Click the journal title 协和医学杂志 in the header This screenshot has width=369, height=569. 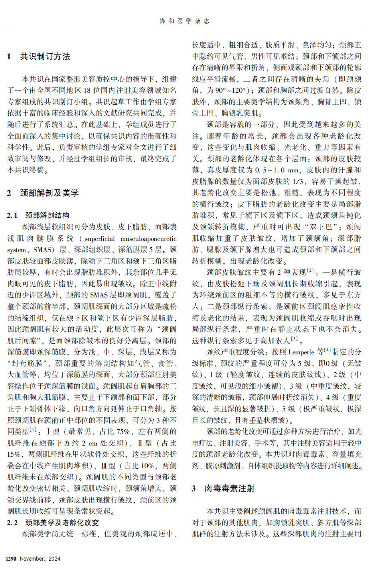pos(184,21)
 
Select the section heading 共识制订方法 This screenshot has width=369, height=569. pos(45,57)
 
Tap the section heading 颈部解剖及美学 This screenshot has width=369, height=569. pos(49,193)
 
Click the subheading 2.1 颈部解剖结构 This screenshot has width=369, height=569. pos(38,215)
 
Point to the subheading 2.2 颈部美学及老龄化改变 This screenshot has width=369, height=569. pos(53,522)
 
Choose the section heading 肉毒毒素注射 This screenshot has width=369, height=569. pos(229,489)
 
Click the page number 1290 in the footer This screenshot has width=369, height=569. pos(11,559)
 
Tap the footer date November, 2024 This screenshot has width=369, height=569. pos(40,559)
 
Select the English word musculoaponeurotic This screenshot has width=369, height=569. pos(148,239)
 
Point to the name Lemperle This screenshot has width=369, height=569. pos(302,352)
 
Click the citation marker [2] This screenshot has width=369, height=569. pos(310,270)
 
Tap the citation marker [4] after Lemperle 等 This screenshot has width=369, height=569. pos(327,350)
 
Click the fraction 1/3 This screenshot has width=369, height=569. pos(298,182)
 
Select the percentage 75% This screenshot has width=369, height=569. pos(123,432)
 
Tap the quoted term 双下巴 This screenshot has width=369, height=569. pos(321,227)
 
